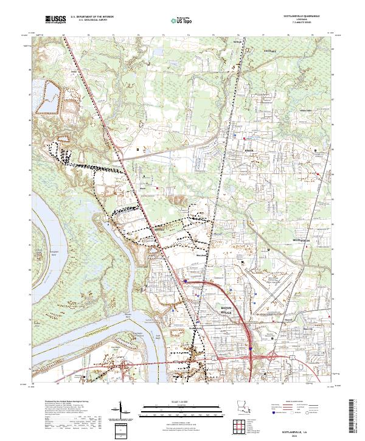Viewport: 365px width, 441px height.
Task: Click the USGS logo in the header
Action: click(x=55, y=19)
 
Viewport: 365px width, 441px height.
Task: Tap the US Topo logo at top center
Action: click(x=175, y=19)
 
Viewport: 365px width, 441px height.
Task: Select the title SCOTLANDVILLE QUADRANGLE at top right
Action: click(x=297, y=16)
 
